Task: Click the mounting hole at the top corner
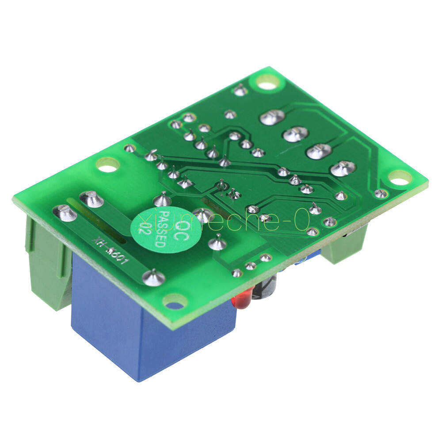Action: coord(267,82)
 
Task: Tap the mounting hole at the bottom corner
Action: coord(175,302)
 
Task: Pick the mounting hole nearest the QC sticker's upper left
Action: coord(108,165)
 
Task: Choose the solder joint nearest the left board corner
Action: coord(66,214)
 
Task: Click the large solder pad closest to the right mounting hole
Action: coord(343,168)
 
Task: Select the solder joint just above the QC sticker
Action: coord(163,200)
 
